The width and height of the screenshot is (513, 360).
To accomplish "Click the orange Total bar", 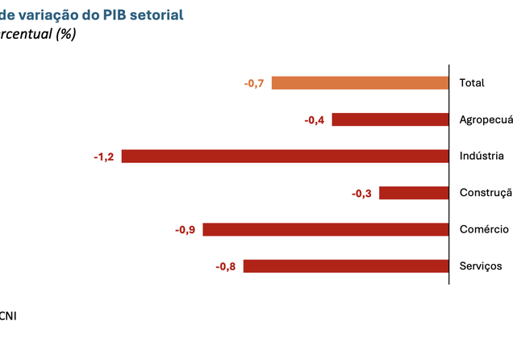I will point(360,83).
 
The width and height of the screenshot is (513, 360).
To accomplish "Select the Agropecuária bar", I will point(390,119).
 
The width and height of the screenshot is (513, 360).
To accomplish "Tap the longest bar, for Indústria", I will point(285,157).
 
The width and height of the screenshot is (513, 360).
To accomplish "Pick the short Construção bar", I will point(413,193).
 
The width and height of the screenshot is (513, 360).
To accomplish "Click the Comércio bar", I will point(325,229).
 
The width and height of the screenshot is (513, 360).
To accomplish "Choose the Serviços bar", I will point(345,266).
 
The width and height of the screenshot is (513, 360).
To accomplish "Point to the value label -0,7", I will point(254,83).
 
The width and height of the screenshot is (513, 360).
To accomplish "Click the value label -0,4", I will point(315,119).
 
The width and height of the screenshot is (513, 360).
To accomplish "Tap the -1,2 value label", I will point(104,157).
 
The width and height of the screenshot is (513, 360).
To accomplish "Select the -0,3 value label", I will point(361,193).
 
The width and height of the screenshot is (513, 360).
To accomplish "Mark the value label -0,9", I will point(185,230).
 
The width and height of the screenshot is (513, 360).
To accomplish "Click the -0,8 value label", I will point(225,266).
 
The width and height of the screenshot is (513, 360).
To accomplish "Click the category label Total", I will point(471,83).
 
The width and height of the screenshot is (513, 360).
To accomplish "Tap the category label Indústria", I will point(482,157).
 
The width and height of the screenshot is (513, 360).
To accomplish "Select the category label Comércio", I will point(483,229).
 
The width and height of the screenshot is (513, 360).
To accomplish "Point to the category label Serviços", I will point(481,266).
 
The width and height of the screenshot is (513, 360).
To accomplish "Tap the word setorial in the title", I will point(158,15).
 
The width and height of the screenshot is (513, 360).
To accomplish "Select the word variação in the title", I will point(49,15).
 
